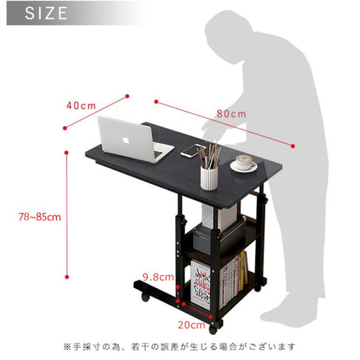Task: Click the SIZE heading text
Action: tap(46, 13)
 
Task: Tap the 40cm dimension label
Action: tap(81, 106)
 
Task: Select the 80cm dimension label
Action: tap(231, 114)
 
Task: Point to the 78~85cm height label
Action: tap(40, 217)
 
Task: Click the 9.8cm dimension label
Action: tap(158, 277)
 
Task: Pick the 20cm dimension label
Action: tap(192, 325)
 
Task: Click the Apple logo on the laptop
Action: tap(126, 140)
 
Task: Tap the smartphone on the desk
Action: tap(193, 150)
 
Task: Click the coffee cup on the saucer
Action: tap(244, 162)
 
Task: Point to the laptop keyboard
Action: tap(159, 151)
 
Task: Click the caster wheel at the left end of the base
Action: tap(145, 297)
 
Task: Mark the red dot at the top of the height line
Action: tap(67, 153)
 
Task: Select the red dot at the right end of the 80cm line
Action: tap(292, 146)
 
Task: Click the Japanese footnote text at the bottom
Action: tap(179, 347)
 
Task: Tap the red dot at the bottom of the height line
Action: tap(67, 277)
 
